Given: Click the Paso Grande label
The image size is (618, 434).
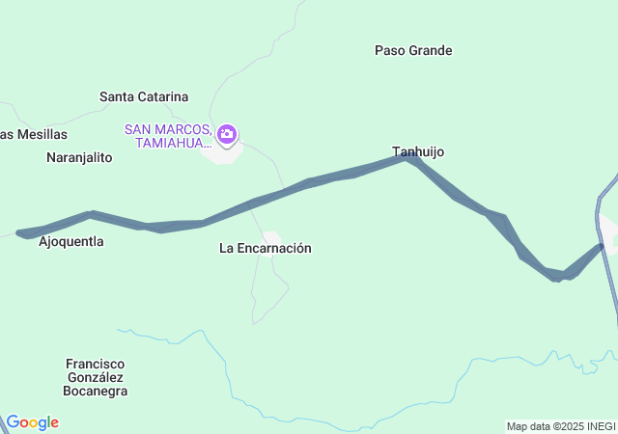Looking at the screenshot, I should (x=413, y=50).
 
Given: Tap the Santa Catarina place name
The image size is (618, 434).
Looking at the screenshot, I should (x=144, y=96).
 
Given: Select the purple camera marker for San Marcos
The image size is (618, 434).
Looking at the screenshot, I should (x=227, y=134).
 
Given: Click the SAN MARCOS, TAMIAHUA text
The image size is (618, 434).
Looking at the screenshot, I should (x=168, y=136).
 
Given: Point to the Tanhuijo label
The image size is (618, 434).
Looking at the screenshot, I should (x=418, y=151).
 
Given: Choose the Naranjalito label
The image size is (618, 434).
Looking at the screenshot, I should (x=79, y=156).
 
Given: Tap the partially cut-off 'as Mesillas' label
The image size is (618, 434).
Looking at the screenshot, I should (x=34, y=134).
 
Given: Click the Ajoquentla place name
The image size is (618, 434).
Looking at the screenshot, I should (x=70, y=241).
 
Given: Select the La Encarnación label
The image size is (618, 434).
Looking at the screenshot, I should (x=265, y=248).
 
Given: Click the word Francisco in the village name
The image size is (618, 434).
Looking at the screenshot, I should (x=97, y=364).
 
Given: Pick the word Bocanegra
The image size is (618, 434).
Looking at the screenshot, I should (x=95, y=391).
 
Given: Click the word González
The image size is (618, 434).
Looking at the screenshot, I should (x=97, y=377).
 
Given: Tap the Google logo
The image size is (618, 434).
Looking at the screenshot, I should (x=32, y=422).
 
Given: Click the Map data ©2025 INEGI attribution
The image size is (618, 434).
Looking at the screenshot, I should (x=560, y=426).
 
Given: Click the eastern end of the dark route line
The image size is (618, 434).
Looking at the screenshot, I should (x=601, y=247).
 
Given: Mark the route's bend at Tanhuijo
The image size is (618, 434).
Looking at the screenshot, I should (x=410, y=156).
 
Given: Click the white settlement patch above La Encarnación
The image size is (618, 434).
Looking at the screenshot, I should (x=271, y=236).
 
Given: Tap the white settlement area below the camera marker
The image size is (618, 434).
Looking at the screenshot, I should (x=222, y=153).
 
